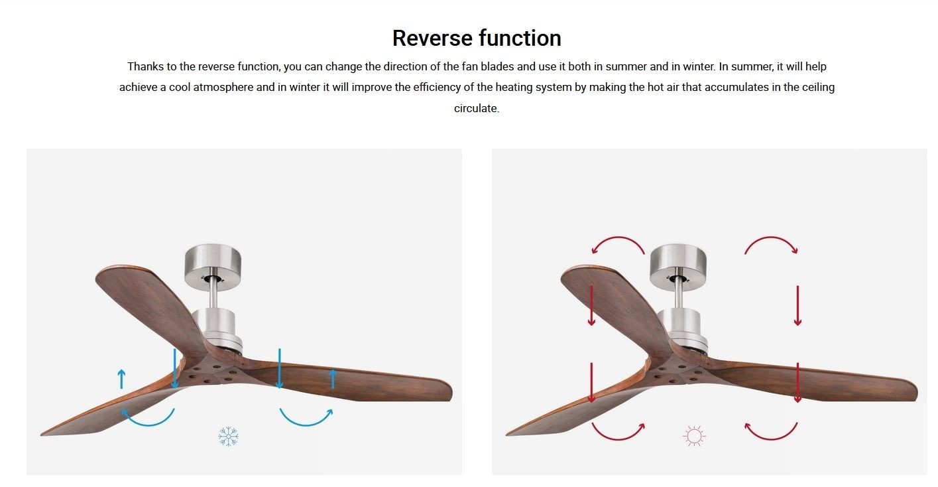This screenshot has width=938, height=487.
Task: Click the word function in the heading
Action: pyautogui.click(x=520, y=38)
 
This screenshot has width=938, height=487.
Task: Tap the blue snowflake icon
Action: pyautogui.click(x=228, y=437)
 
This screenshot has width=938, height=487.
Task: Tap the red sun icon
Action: pyautogui.click(x=694, y=437)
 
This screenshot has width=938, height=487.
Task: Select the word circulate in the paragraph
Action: pyautogui.click(x=476, y=108)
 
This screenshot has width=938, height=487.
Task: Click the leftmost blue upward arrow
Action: pyautogui.click(x=121, y=379)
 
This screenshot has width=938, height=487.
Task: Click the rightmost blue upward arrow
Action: pyautogui.click(x=333, y=379)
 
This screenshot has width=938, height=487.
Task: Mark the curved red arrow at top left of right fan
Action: pyautogui.click(x=618, y=238)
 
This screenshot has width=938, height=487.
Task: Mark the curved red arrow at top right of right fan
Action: pyautogui.click(x=771, y=238)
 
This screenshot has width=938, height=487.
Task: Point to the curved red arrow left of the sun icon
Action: pyautogui.click(x=618, y=439)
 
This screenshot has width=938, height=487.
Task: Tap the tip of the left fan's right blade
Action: pyautogui.click(x=451, y=392)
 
